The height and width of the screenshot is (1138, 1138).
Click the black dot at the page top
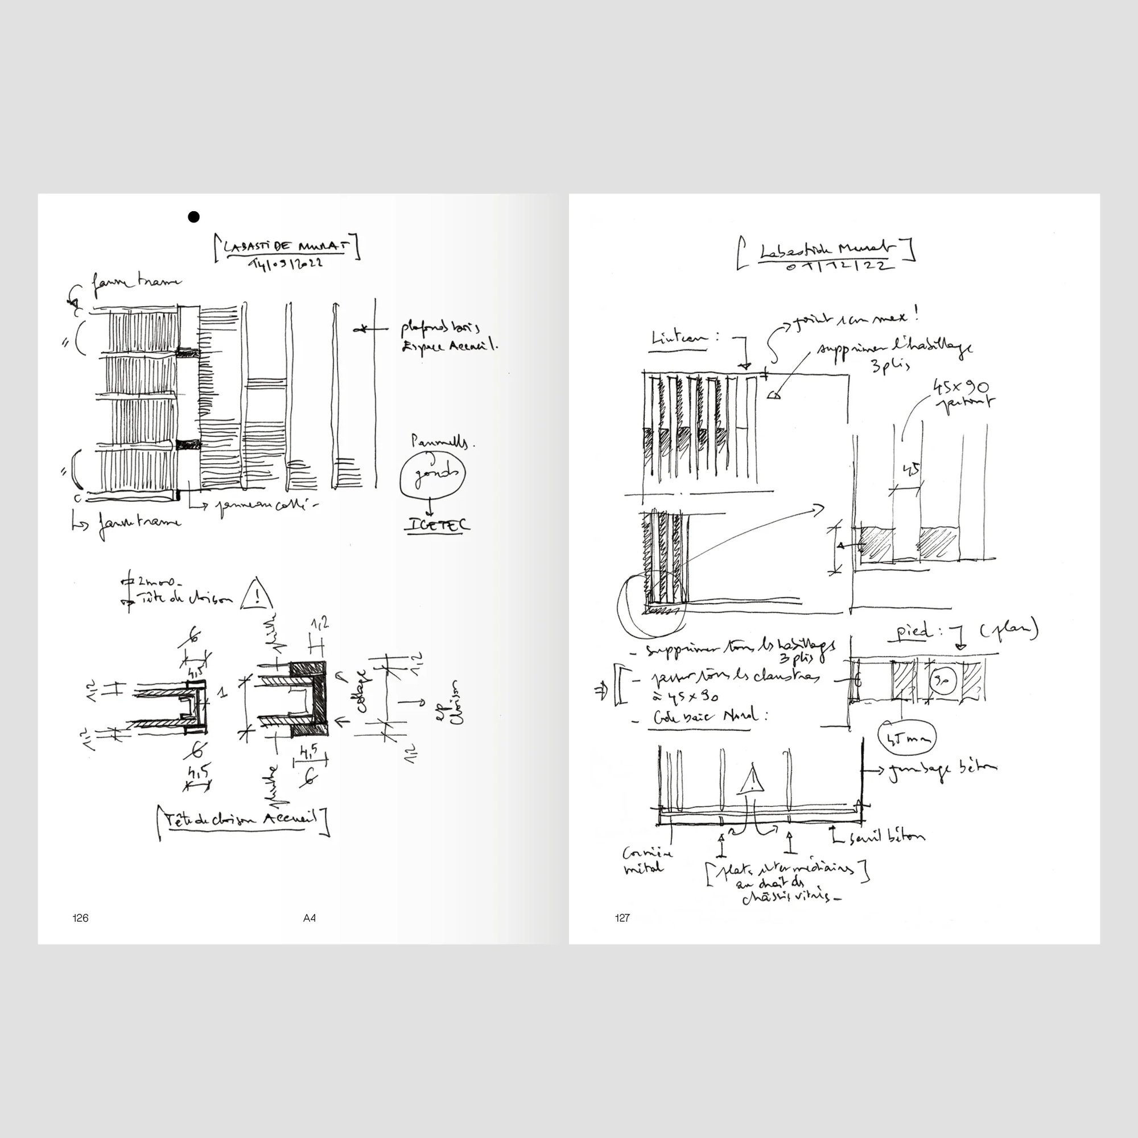click(x=193, y=217)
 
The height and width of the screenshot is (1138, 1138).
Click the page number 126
click(x=81, y=918)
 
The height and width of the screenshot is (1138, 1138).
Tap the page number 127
click(x=622, y=918)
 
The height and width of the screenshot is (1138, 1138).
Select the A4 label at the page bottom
click(x=309, y=918)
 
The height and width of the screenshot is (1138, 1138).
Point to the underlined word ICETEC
click(x=437, y=525)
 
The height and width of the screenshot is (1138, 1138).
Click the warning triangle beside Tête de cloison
click(x=257, y=596)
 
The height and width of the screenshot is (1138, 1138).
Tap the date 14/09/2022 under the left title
click(x=286, y=263)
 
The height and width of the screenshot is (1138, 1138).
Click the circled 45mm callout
click(x=906, y=738)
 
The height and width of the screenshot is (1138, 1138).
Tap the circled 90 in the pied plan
click(x=941, y=682)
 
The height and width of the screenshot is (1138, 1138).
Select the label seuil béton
click(x=887, y=837)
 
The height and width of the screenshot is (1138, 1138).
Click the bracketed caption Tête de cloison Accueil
click(x=241, y=819)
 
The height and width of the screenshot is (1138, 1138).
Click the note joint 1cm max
click(x=854, y=320)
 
